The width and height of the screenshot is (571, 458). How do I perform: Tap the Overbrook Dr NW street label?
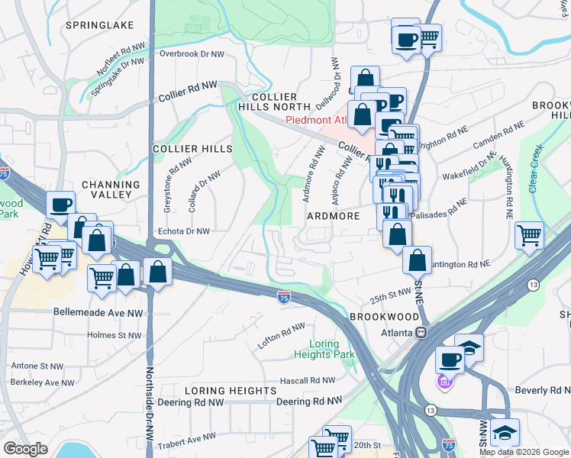[192, 54]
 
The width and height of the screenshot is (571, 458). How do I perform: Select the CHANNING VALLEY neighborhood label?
[111, 190]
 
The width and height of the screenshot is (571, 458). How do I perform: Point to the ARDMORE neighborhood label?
[333, 216]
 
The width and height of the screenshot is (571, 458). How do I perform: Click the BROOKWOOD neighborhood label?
[384, 316]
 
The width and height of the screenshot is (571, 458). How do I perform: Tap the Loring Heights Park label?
[324, 349]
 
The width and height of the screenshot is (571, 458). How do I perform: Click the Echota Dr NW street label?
[182, 231]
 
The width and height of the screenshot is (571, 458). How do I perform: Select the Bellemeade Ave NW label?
[98, 312]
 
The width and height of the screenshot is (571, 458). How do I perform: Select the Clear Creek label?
[535, 167]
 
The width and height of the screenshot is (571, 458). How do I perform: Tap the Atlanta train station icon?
[420, 332]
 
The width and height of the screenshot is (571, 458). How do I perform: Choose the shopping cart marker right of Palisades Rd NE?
[529, 236]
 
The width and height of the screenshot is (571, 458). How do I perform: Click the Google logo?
[25, 449]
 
